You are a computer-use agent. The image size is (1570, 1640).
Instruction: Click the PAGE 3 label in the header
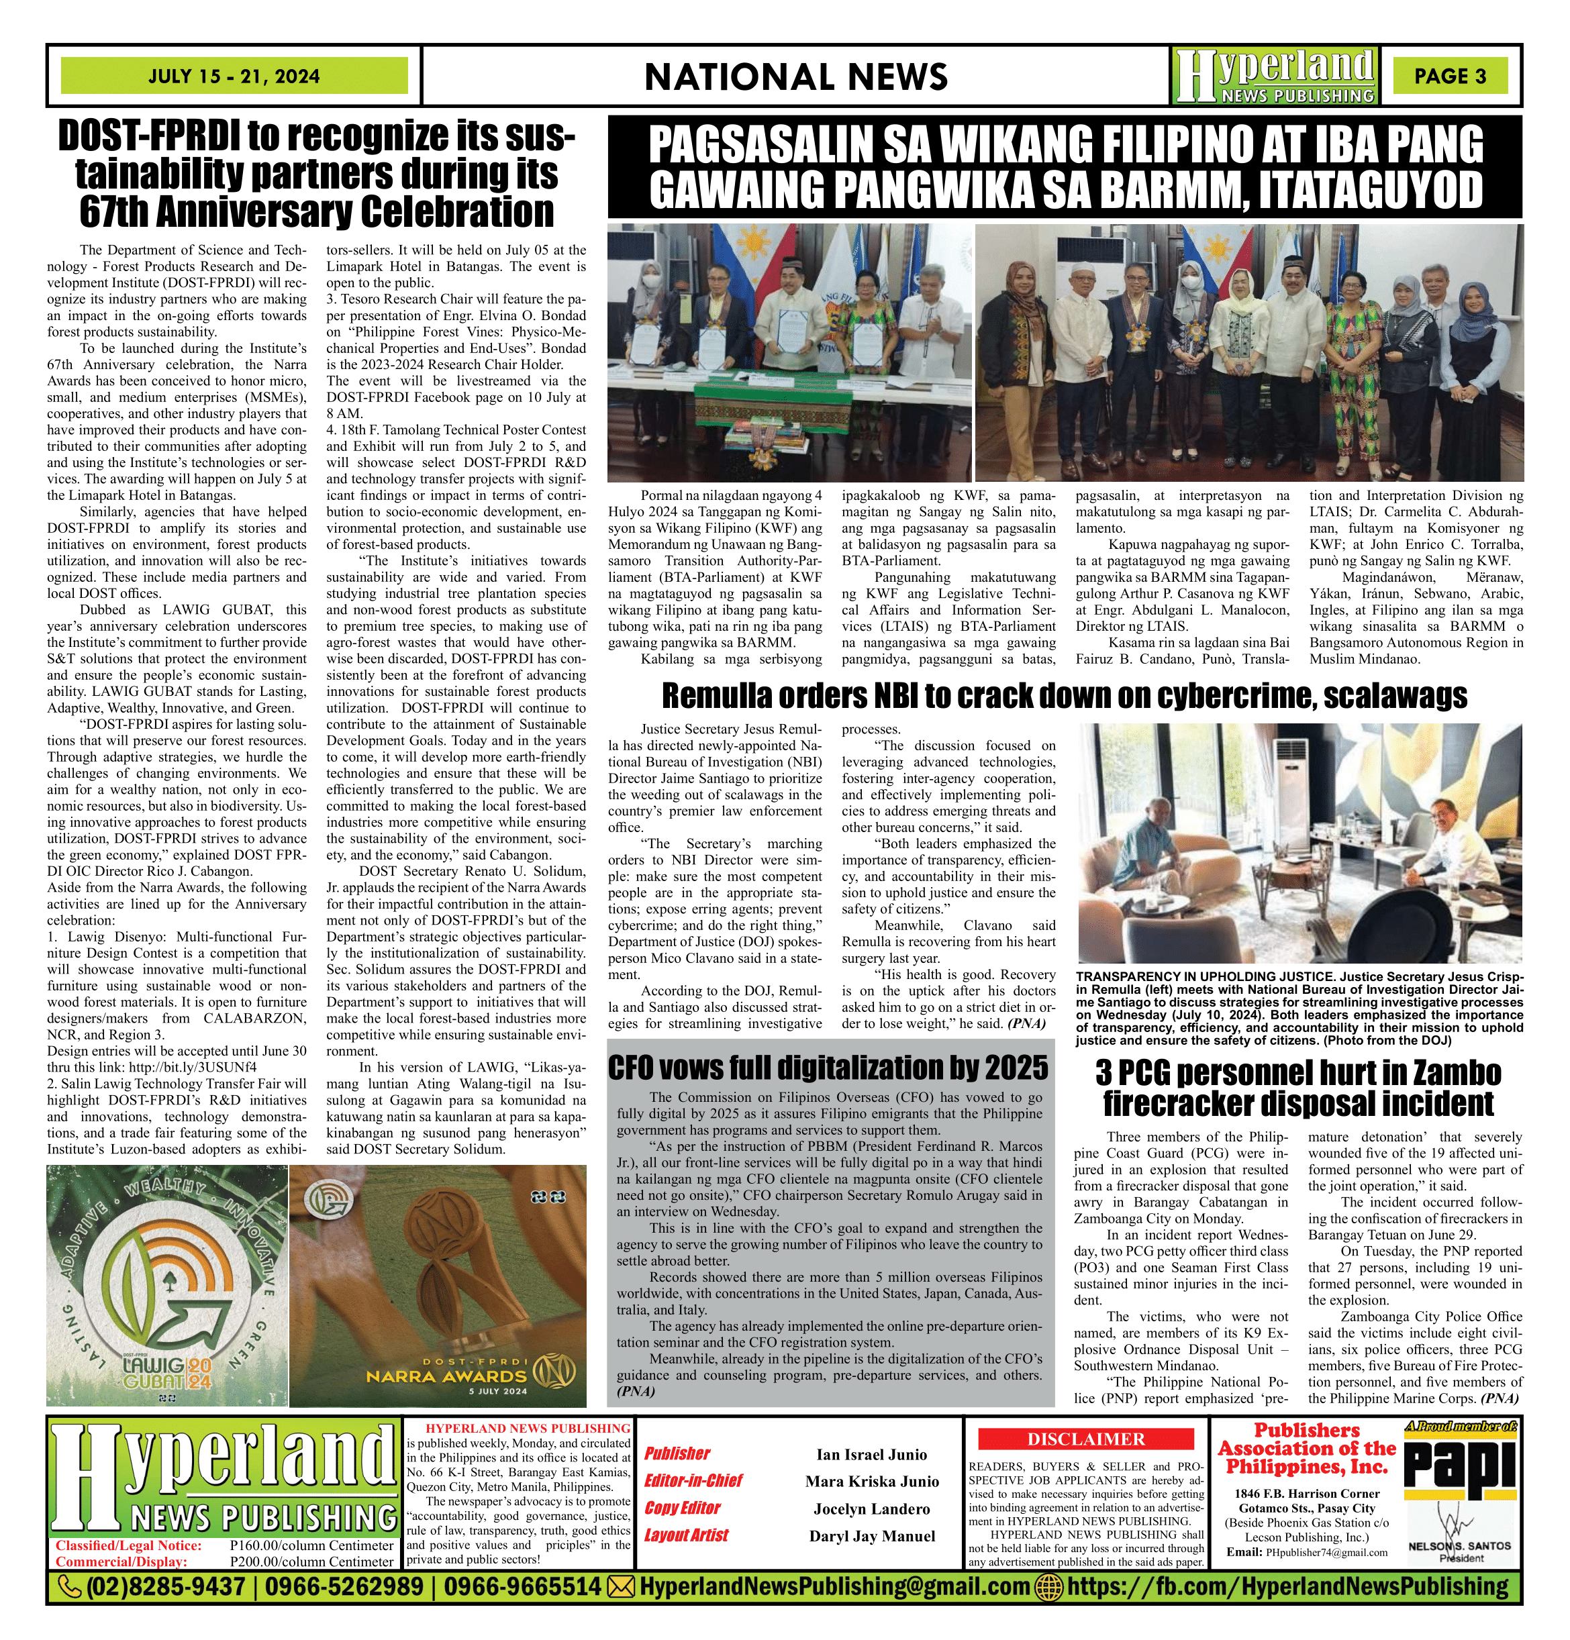[1451, 76]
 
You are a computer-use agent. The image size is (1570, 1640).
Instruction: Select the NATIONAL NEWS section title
[796, 77]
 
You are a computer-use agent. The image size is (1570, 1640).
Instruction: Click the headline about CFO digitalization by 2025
[828, 1068]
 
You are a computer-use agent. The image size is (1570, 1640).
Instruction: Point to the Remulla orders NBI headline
[1064, 695]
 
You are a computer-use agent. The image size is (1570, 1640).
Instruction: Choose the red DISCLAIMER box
[1085, 1439]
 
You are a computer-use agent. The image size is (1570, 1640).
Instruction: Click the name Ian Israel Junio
[871, 1454]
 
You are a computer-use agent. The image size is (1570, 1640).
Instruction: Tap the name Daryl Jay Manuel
[871, 1536]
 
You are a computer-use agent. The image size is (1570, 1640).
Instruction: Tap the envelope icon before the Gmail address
[620, 1586]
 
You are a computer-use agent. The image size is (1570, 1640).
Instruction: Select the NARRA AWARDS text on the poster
[446, 1376]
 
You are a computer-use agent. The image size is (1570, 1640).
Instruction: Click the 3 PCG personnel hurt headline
[1298, 1088]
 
